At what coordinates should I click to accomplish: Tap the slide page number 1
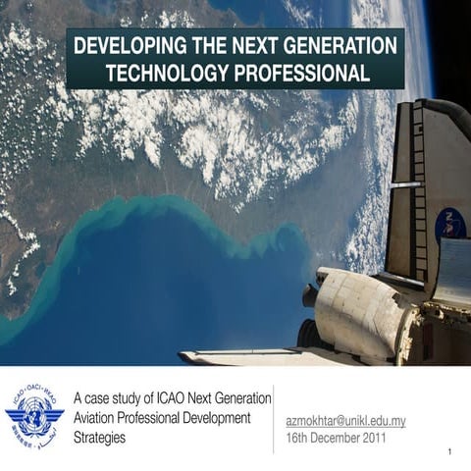[447, 452]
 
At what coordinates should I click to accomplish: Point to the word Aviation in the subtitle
[97, 417]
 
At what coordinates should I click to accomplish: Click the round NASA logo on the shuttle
[449, 226]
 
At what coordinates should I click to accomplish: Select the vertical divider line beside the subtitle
[274, 418]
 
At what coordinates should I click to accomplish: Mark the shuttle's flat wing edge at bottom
[245, 356]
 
